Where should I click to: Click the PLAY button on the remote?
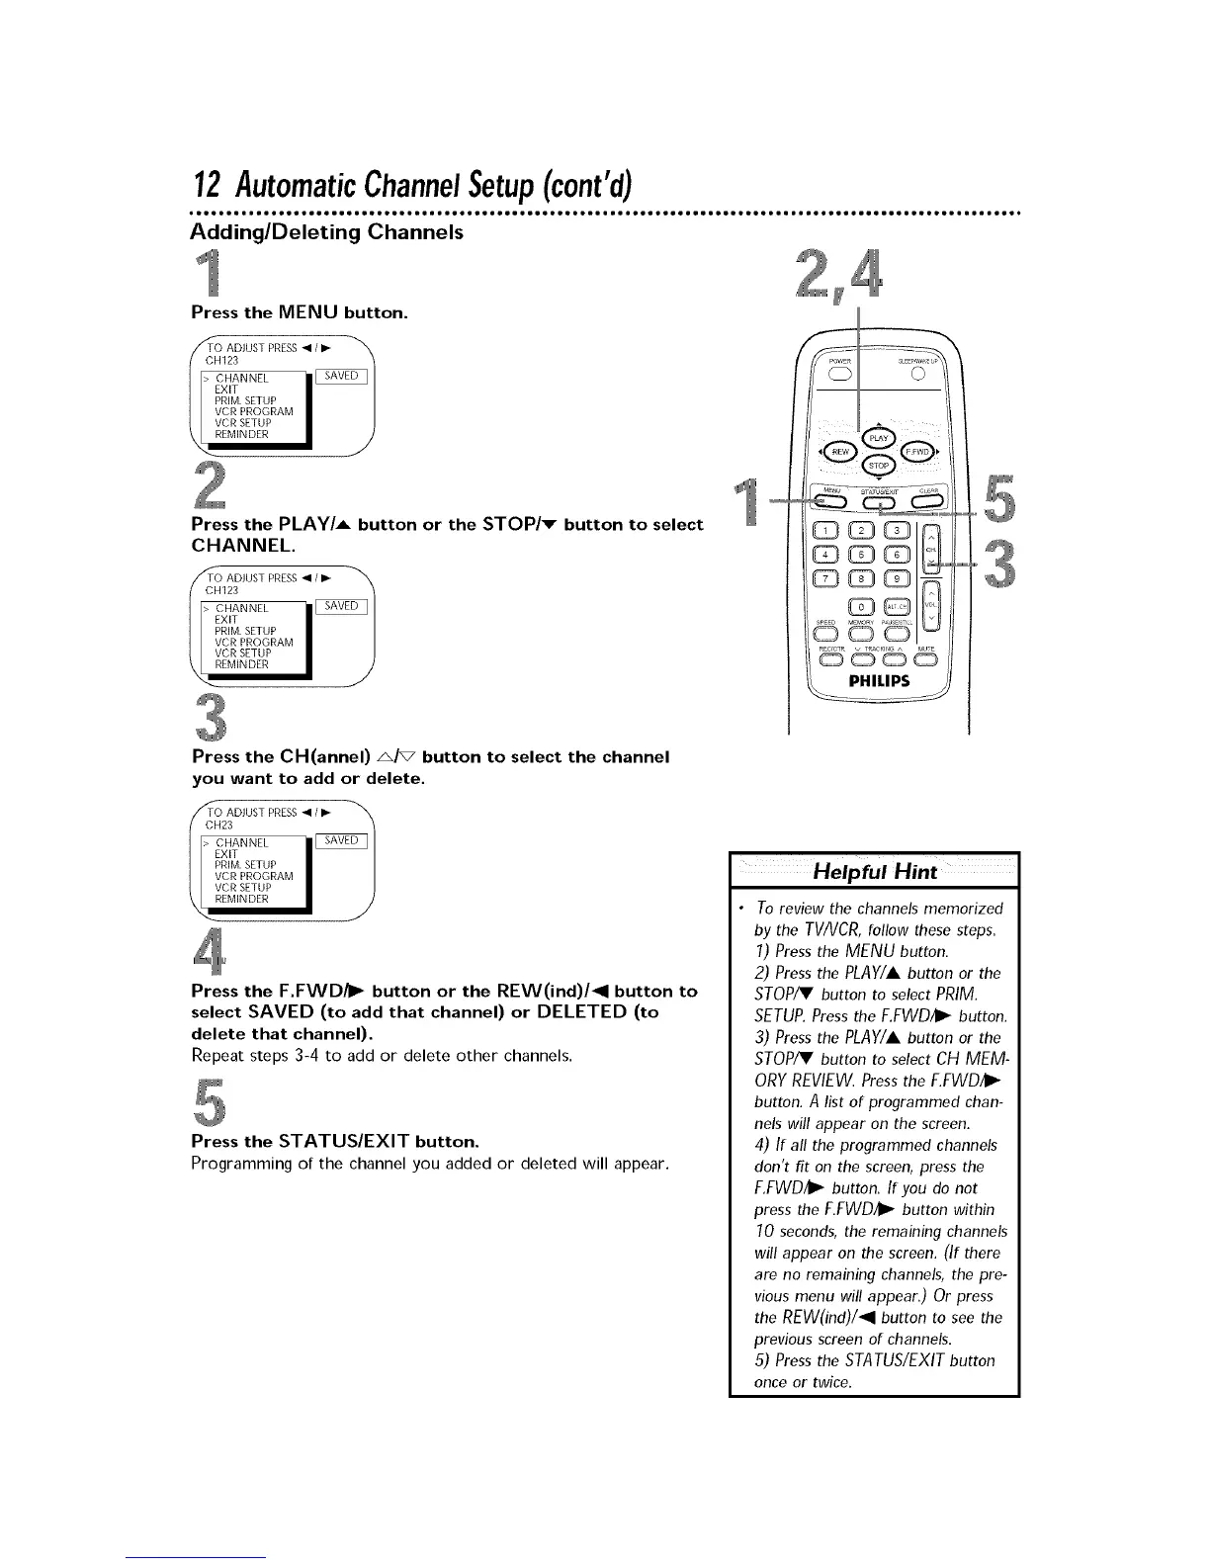tap(877, 438)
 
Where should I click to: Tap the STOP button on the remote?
tap(877, 467)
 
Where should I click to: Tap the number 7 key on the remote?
tap(827, 579)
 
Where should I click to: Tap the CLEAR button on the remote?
tap(928, 502)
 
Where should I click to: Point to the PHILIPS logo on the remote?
tap(878, 681)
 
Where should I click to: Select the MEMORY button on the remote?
tap(862, 634)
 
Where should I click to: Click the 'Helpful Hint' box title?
tap(874, 872)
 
